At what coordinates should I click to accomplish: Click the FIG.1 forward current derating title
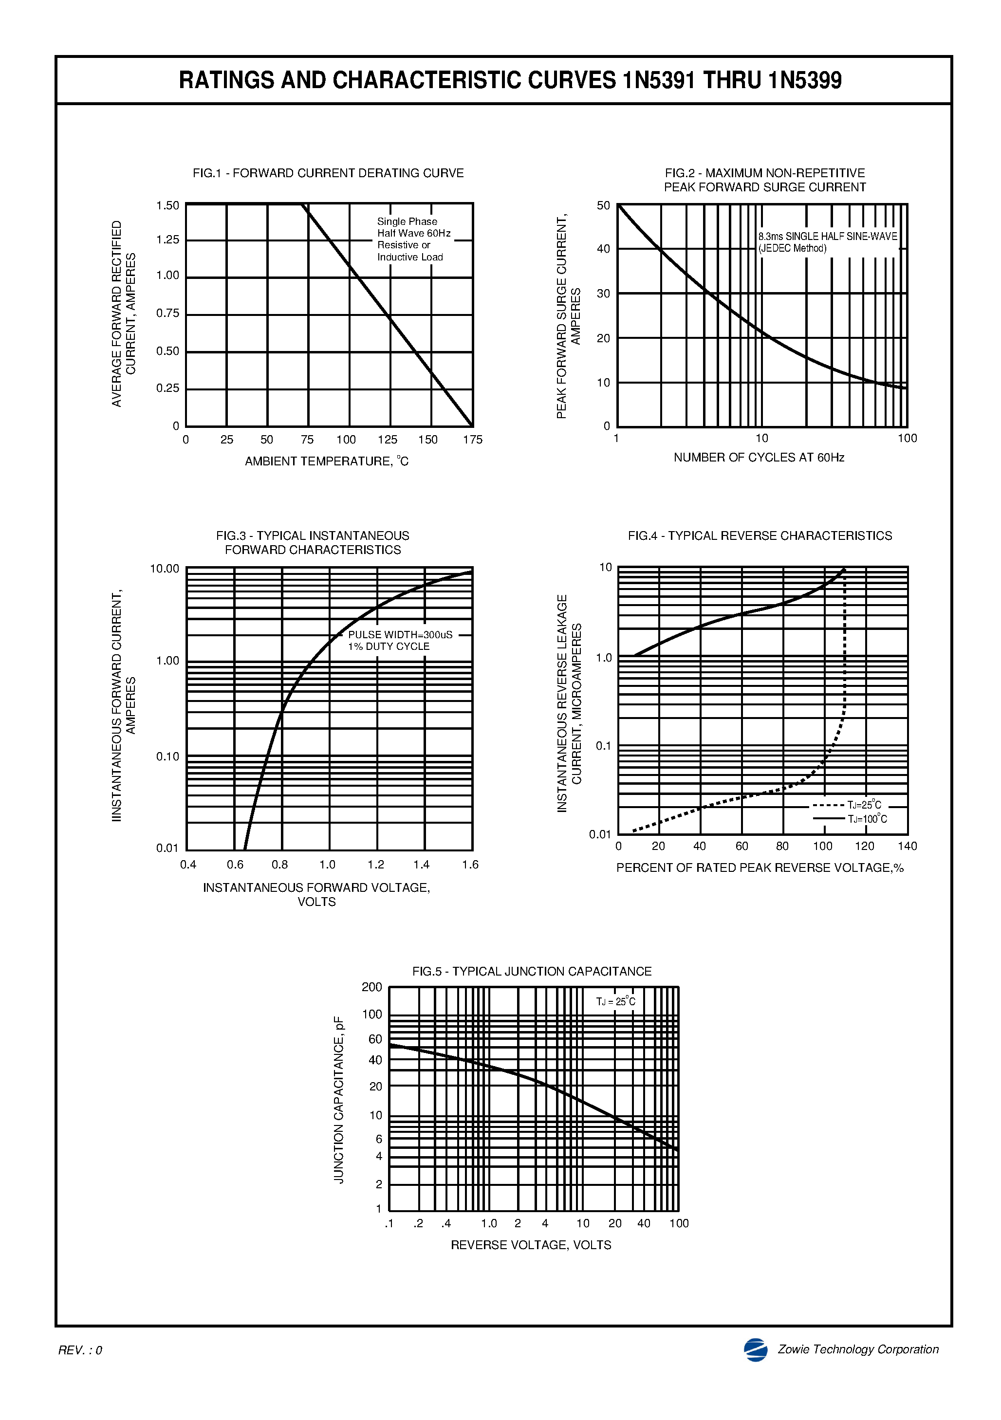[x=328, y=173]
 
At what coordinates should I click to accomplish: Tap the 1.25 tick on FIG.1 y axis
[x=167, y=240]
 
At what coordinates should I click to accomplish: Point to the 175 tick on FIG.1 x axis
[x=473, y=440]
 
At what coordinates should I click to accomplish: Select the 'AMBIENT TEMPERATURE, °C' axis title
[x=327, y=461]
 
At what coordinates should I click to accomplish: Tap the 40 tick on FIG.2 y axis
[x=603, y=249]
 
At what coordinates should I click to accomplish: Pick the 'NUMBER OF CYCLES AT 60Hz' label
[x=759, y=458]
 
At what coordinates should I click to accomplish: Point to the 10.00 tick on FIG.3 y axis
[x=165, y=569]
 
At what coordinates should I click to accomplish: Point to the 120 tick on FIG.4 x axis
[x=864, y=846]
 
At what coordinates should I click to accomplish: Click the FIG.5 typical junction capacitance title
[x=532, y=972]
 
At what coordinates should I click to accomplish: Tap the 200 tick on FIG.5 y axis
[x=372, y=987]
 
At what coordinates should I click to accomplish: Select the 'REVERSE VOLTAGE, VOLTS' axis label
[x=531, y=1245]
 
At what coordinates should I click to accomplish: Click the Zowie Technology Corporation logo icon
[x=756, y=1349]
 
